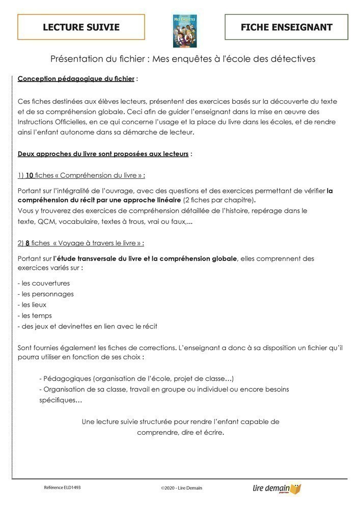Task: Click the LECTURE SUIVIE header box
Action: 81,27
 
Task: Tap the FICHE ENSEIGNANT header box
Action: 286,27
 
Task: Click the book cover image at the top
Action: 185,31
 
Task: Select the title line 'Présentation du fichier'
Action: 183,59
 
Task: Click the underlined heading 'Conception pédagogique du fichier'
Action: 76,79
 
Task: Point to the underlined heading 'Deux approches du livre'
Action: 103,154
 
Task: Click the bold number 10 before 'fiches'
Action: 30,176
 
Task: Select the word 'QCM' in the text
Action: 46,222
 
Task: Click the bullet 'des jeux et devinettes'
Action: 87,326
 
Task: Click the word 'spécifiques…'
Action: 61,400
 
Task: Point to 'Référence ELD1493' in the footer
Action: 62,487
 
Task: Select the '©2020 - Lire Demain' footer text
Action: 181,488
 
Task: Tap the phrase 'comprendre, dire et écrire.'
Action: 180,433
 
